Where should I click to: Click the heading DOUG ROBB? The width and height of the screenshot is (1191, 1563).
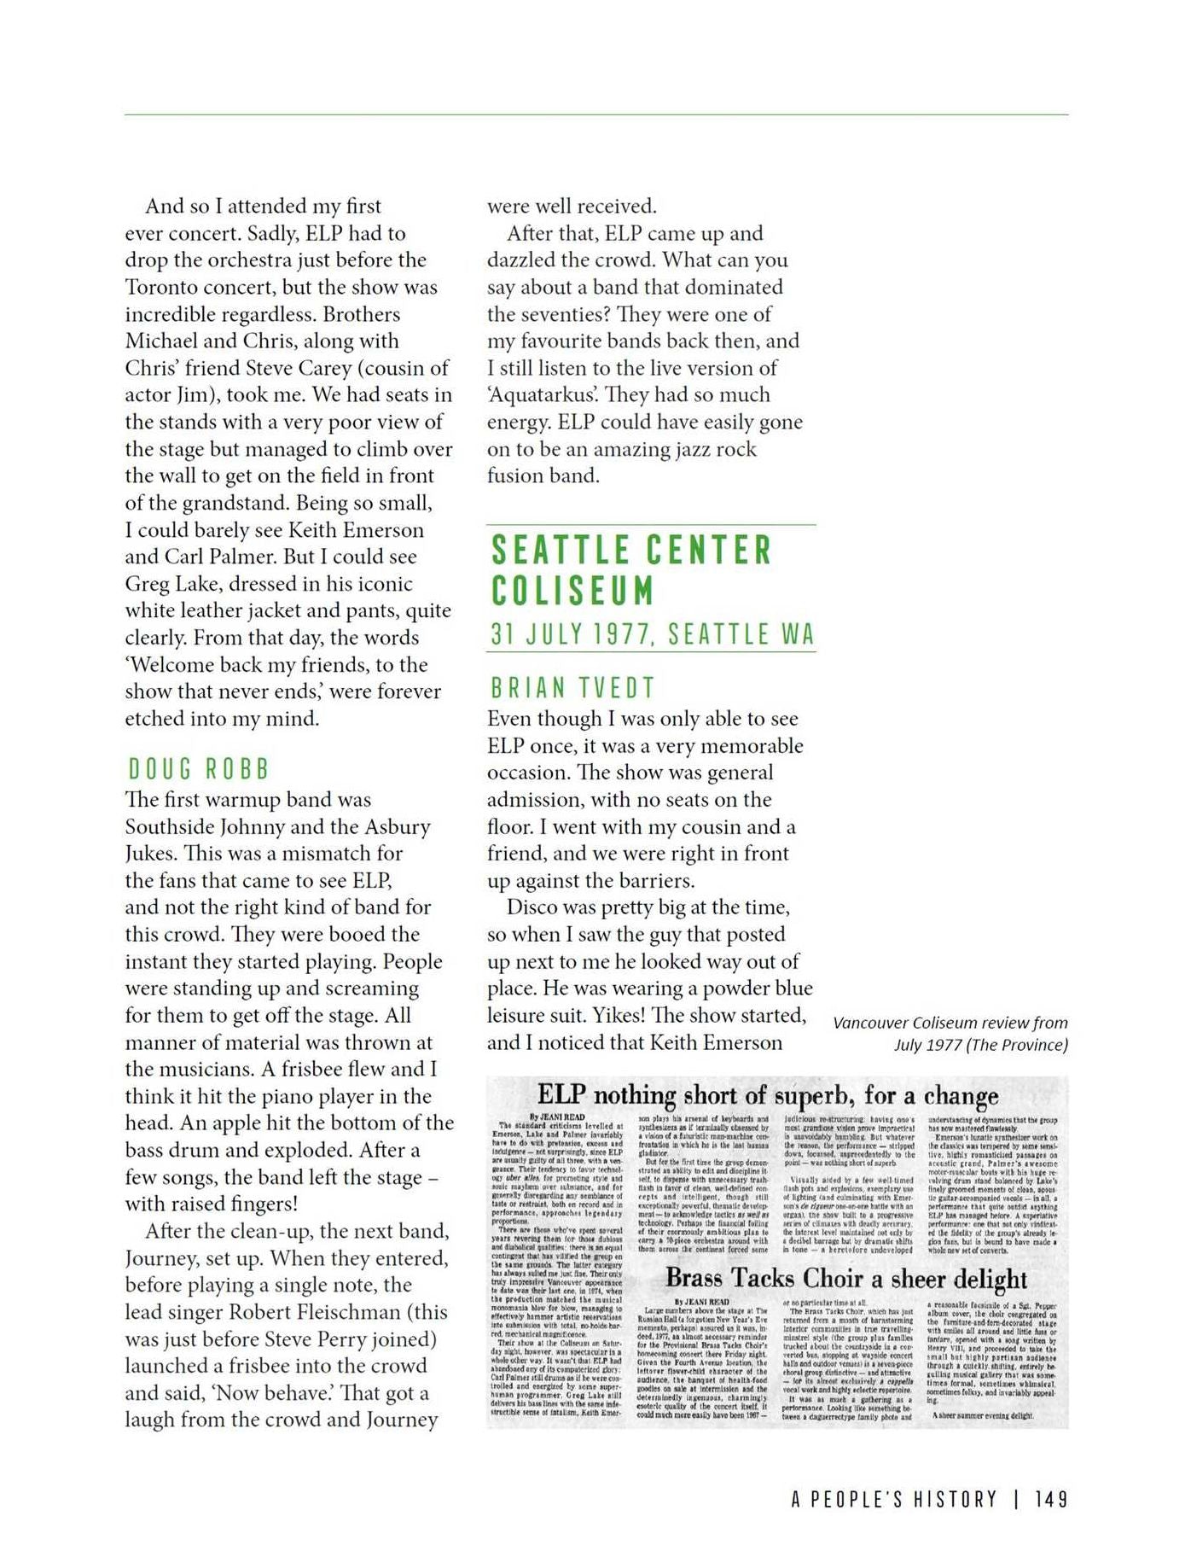click(198, 769)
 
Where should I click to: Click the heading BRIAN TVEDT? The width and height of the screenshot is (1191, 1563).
click(573, 688)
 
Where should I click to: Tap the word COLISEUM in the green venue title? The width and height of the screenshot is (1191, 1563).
click(572, 591)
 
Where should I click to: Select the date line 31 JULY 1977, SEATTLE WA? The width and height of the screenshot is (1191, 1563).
click(652, 634)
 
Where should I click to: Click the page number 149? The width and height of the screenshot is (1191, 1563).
click(1051, 1500)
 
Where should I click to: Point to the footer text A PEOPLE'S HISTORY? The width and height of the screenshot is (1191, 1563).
click(894, 1500)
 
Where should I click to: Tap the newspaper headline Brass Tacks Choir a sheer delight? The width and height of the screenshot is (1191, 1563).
click(846, 1278)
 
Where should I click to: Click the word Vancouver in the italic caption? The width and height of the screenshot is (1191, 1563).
click(870, 1023)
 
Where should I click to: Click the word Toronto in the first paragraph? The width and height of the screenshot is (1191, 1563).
click(171, 288)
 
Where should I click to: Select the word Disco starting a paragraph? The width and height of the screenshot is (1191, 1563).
click(533, 907)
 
